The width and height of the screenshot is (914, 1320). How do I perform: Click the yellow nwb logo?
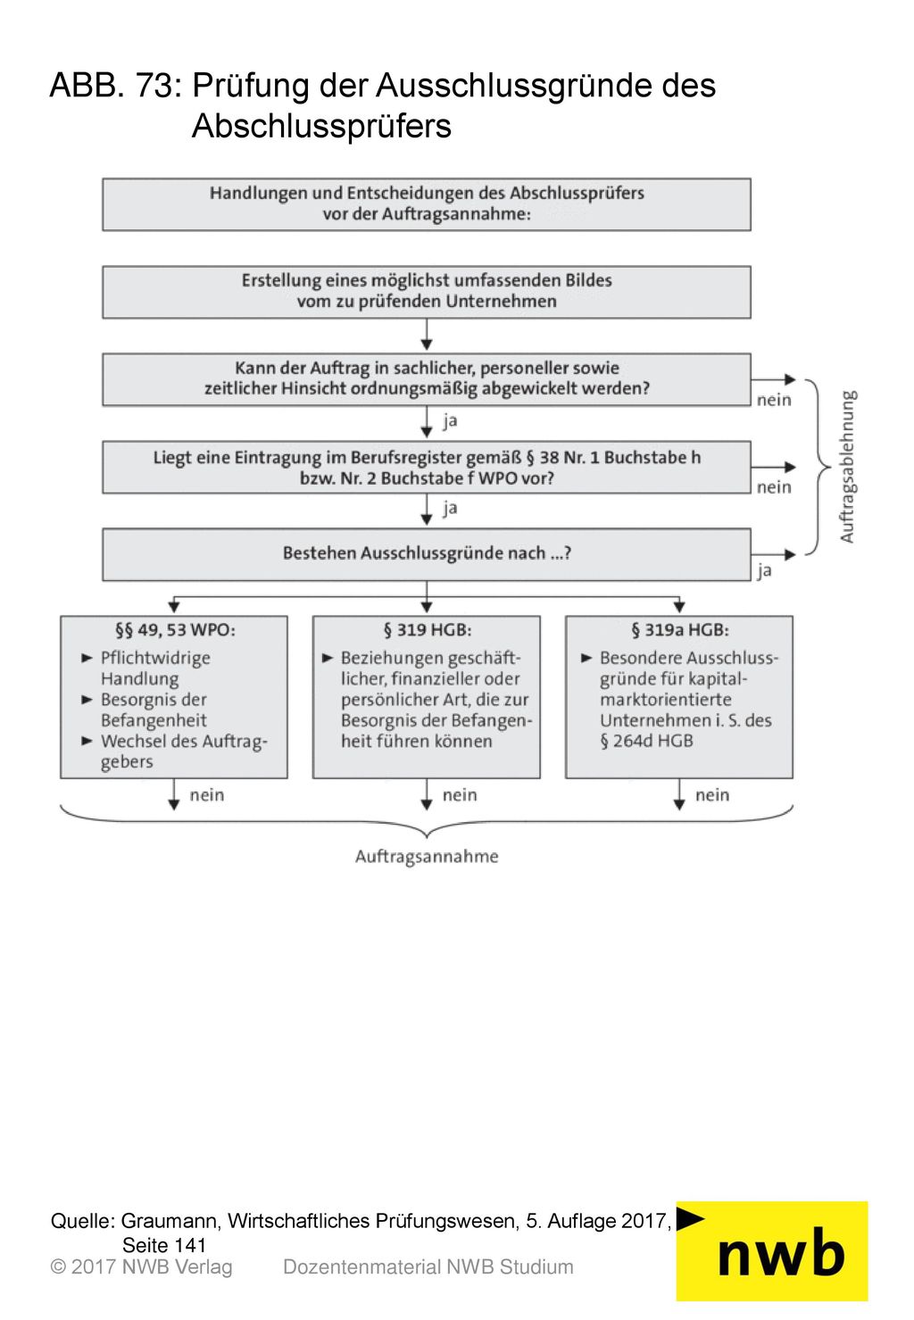pos(771,1251)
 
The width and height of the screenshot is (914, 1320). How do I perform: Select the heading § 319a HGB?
pos(680,630)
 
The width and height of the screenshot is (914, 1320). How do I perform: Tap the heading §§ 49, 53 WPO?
pos(175,630)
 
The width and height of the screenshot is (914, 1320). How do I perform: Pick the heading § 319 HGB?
pos(428,630)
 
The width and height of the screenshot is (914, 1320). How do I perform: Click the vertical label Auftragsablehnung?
pos(847,467)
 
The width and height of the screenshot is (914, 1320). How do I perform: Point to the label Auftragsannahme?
pos(427,856)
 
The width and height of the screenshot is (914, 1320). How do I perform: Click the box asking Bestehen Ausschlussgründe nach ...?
pos(427,554)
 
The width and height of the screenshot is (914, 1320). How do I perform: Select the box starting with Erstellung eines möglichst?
pos(427,292)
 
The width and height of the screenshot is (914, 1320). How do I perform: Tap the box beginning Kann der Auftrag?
pos(427,379)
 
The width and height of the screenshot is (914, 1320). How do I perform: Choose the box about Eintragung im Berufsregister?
pos(427,468)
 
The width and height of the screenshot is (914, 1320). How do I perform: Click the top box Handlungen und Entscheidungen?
pos(427,204)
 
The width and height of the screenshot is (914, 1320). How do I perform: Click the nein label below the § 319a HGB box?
pos(712,795)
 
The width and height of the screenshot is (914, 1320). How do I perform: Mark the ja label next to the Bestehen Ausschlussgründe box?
pos(764,570)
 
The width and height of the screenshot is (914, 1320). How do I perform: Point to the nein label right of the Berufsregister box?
pos(774,487)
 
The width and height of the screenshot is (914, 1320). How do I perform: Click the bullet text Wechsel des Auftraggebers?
pos(184,751)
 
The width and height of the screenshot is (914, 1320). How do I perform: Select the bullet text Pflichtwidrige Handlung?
pos(155,668)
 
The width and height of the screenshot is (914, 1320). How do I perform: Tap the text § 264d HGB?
pos(646,742)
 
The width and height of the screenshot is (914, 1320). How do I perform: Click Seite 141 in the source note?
pos(164,1245)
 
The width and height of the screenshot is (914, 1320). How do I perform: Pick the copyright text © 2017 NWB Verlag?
pos(141,1267)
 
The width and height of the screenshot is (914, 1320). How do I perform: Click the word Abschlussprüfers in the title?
pos(321,127)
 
